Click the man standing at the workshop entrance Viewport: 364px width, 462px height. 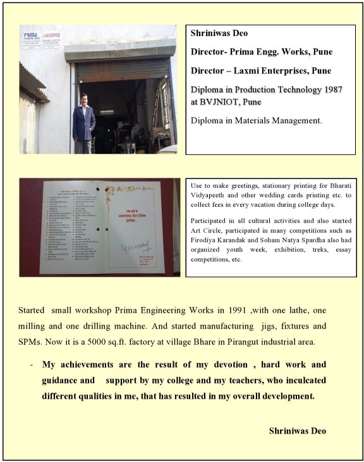click(x=83, y=120)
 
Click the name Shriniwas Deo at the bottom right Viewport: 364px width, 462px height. click(x=297, y=430)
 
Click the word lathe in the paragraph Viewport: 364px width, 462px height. click(x=285, y=311)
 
